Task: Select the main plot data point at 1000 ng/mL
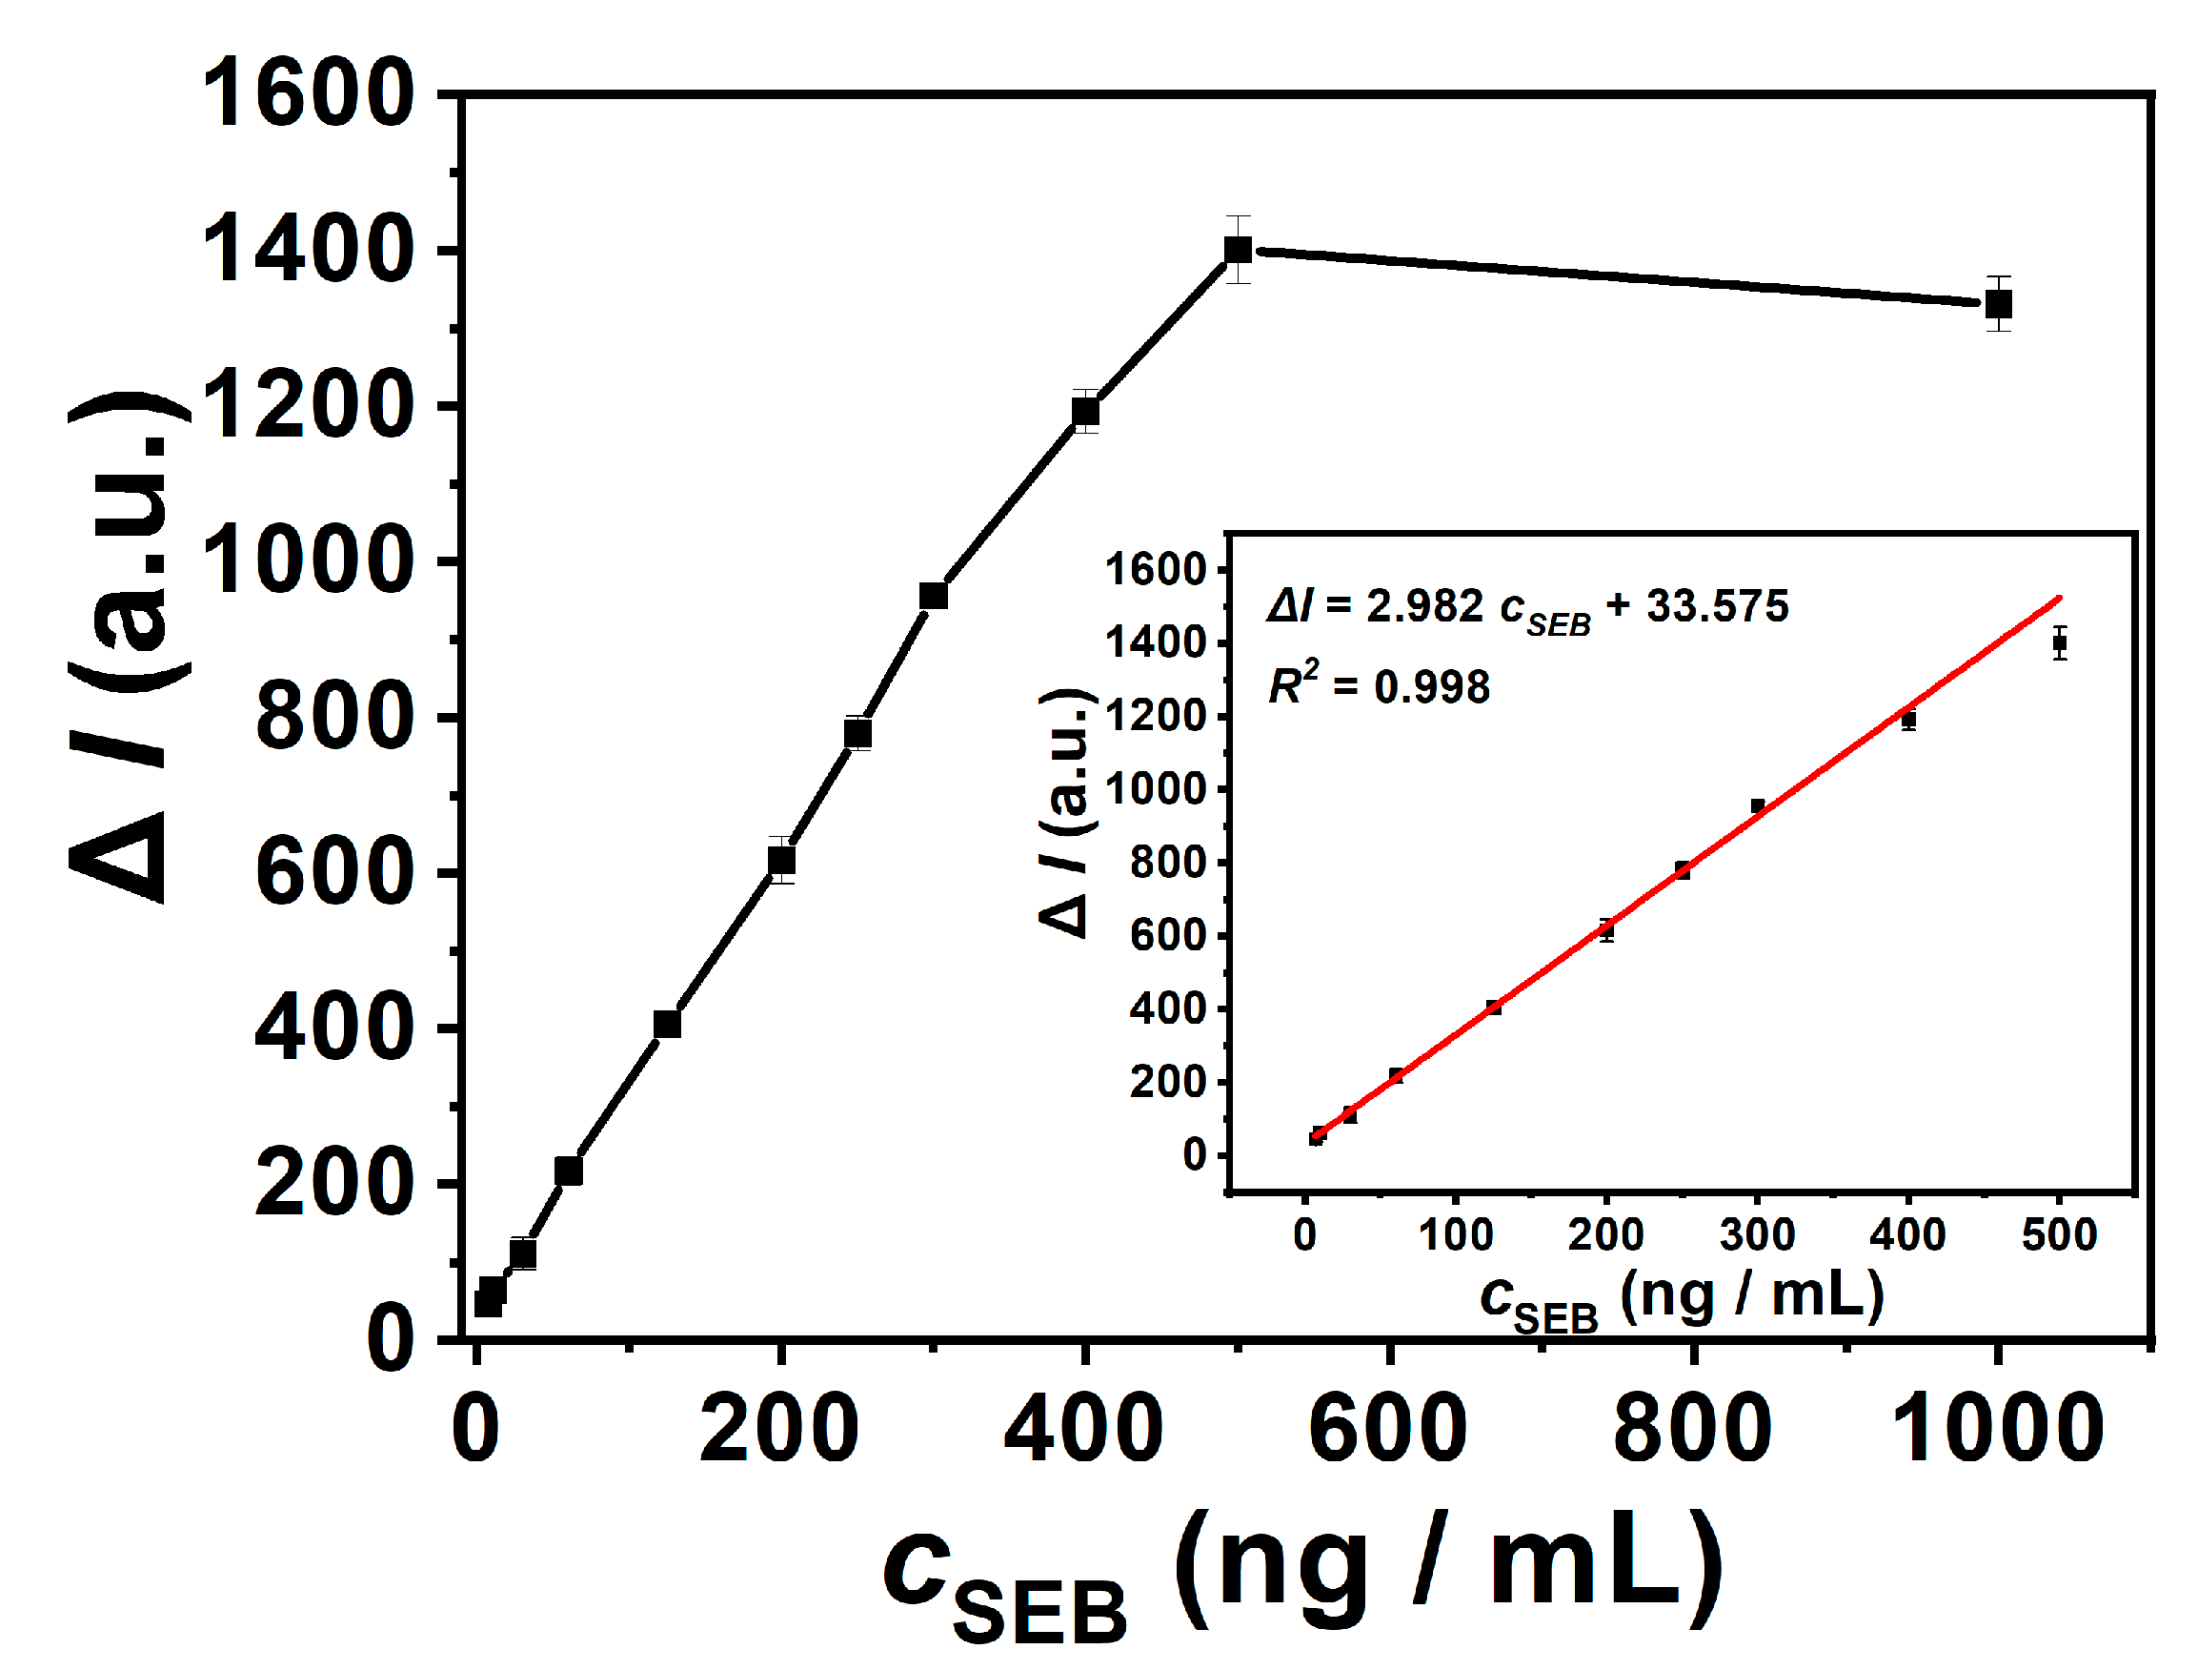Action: coord(1998,303)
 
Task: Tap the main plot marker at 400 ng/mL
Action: coord(1085,411)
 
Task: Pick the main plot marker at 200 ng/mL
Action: coord(782,859)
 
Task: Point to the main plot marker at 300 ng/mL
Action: coord(933,596)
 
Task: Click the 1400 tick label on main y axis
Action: coord(307,251)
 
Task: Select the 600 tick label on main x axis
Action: coord(1388,1428)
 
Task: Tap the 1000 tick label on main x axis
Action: coord(1997,1428)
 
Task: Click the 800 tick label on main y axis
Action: coord(333,717)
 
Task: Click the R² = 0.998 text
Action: coord(1380,686)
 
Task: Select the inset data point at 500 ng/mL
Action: coord(2060,642)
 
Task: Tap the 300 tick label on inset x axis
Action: coord(1757,1235)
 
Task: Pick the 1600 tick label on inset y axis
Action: coord(1156,571)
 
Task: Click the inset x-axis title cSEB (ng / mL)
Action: coord(1682,1298)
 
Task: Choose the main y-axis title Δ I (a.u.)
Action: coord(130,646)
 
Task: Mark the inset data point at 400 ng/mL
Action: coord(1907,720)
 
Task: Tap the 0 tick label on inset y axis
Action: coord(1194,1155)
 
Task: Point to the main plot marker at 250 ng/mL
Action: coord(857,734)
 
